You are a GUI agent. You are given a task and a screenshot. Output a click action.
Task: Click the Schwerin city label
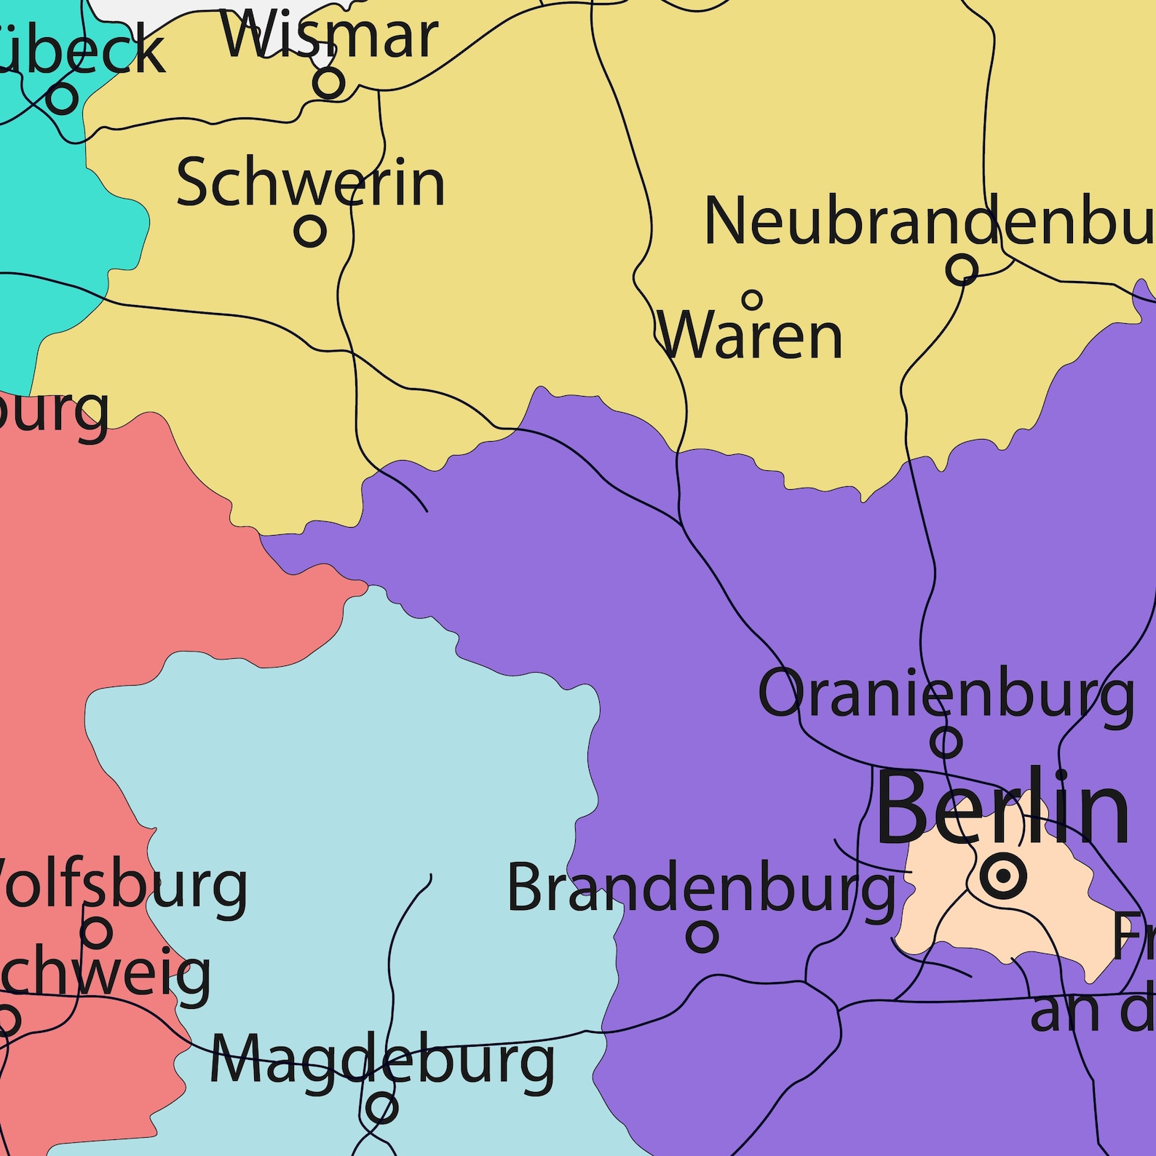[310, 183]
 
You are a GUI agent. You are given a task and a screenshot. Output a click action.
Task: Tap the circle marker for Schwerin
[310, 231]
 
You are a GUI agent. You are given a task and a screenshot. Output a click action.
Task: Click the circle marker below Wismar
[329, 82]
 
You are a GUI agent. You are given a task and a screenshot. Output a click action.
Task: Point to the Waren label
[750, 336]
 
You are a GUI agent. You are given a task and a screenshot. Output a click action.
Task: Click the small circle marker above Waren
[752, 299]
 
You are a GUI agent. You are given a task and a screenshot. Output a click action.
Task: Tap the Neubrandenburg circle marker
[962, 269]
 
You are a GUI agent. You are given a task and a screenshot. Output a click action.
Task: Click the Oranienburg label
[946, 694]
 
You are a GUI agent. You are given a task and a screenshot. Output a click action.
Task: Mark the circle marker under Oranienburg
[946, 743]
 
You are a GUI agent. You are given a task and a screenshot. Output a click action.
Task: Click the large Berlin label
[1002, 808]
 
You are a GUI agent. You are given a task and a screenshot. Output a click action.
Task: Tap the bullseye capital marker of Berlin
[1003, 876]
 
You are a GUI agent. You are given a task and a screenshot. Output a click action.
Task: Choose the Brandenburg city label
[701, 888]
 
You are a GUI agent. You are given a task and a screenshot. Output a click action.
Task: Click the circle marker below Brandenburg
[702, 937]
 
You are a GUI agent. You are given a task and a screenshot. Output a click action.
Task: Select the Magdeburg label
[382, 1061]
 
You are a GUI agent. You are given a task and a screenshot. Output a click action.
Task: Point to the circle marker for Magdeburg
[381, 1109]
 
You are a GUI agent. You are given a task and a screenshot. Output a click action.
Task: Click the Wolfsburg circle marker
[96, 932]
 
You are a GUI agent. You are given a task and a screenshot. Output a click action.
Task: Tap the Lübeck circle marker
[63, 98]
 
